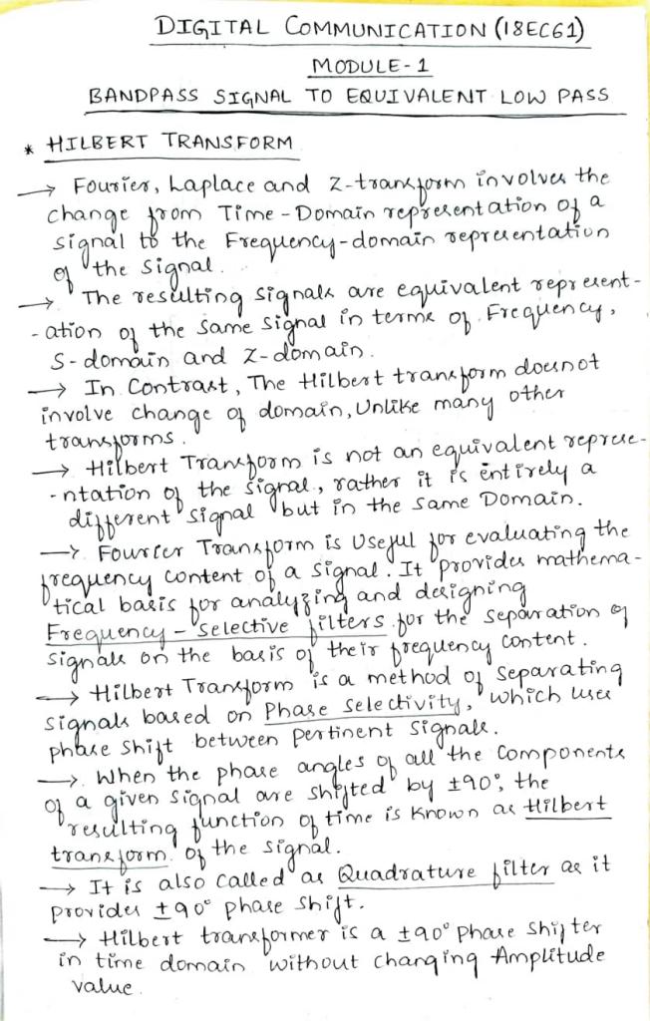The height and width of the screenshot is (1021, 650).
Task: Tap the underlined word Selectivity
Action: [x=374, y=683]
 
